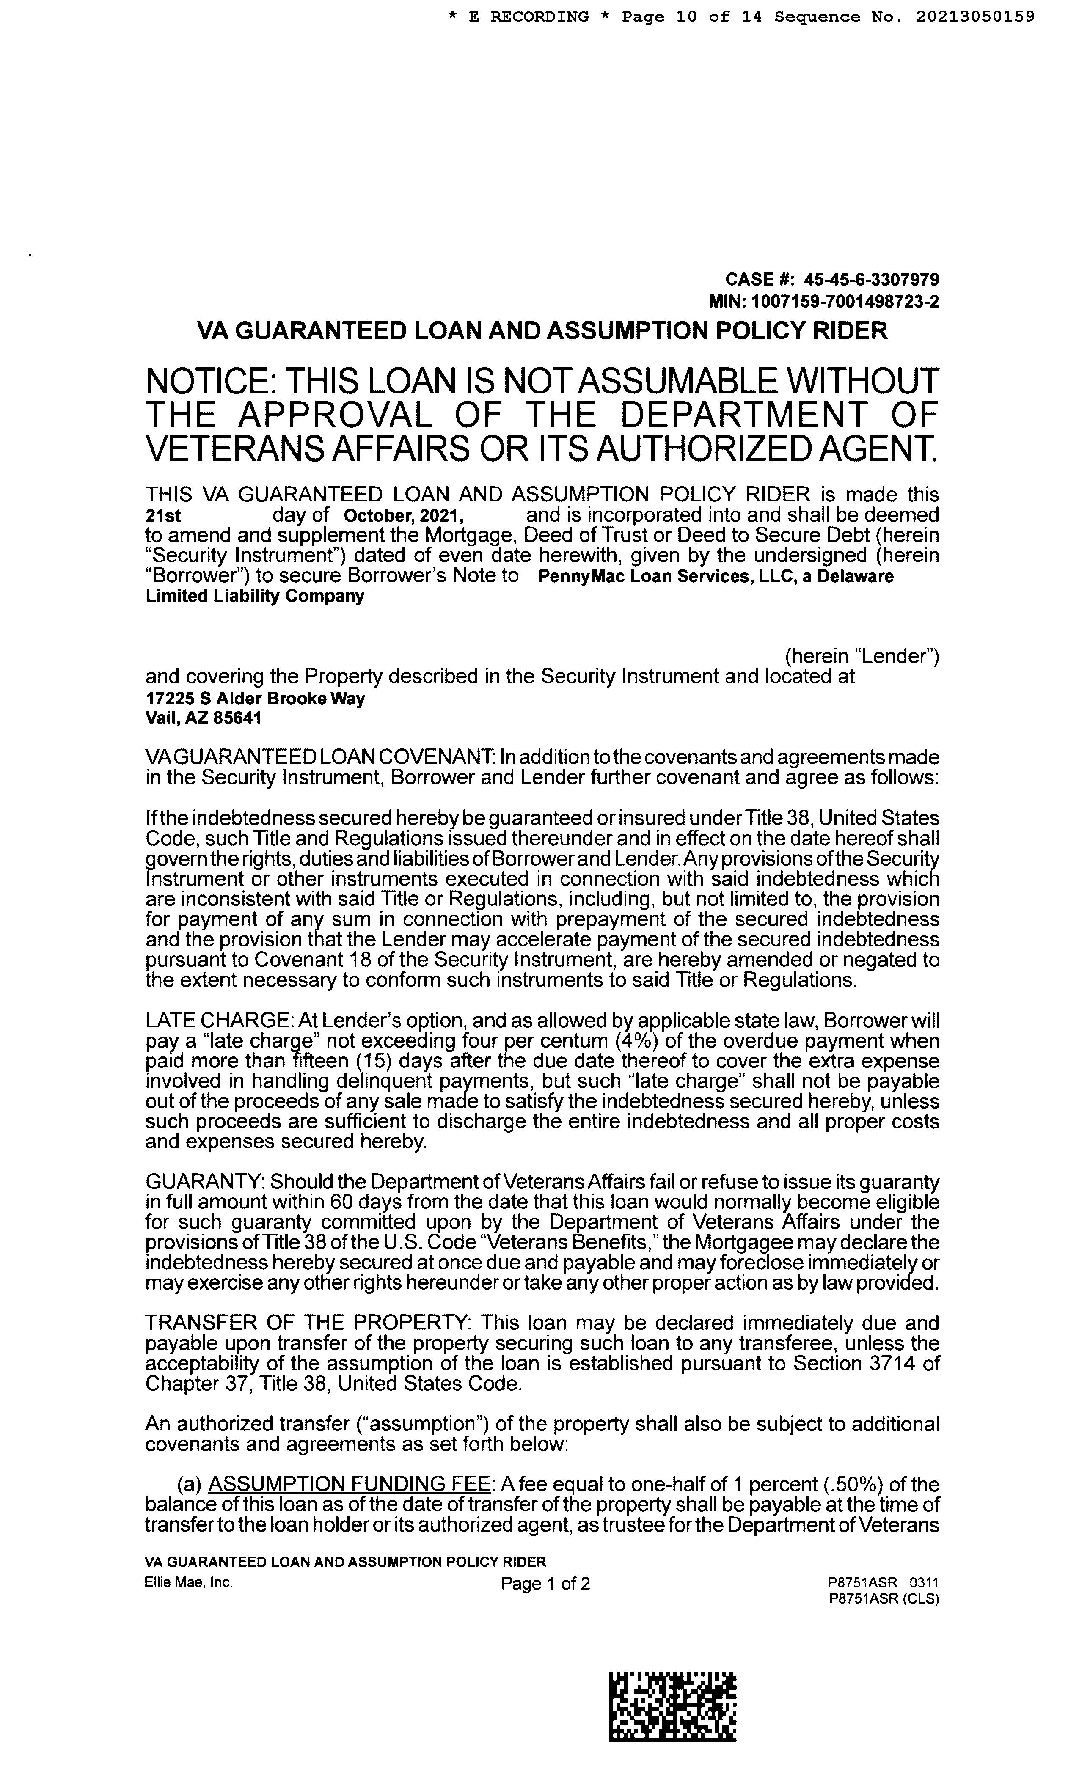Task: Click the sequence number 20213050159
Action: [975, 17]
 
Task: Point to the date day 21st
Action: [163, 516]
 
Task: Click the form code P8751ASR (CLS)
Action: [884, 1598]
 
